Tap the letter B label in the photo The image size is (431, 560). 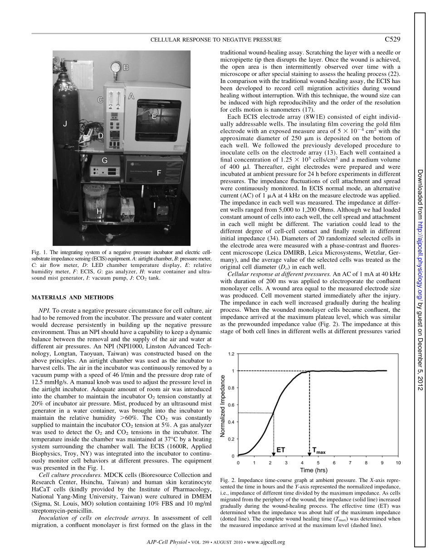[127, 68]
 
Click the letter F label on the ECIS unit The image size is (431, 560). [159, 173]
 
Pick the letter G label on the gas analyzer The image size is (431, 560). [104, 161]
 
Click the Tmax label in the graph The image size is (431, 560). [319, 451]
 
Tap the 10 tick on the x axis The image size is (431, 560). [398, 463]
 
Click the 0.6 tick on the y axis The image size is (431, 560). [231, 405]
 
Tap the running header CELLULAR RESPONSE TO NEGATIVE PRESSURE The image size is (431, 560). [216, 40]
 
